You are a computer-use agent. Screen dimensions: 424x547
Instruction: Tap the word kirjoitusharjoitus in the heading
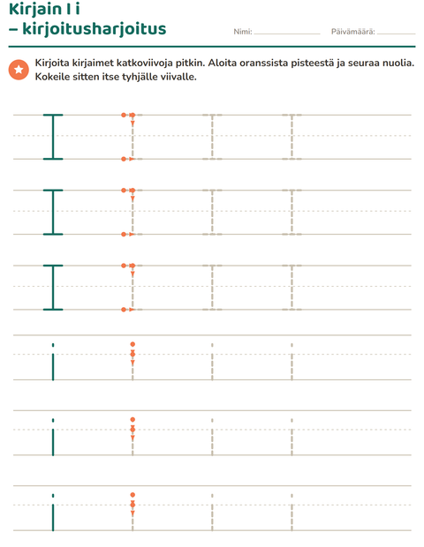(x=95, y=29)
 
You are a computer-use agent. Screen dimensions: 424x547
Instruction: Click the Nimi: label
(x=243, y=32)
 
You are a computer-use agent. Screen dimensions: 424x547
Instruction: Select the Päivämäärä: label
(x=352, y=32)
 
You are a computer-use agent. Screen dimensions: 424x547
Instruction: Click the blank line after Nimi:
(x=287, y=34)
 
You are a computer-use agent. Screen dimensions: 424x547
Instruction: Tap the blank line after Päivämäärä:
(x=397, y=34)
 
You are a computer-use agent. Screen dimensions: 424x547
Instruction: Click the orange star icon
(x=19, y=70)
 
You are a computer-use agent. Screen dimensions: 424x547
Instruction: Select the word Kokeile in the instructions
(x=52, y=77)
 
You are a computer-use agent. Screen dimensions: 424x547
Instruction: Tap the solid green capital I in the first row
(x=53, y=137)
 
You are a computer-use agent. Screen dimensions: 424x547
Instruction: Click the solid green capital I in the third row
(x=53, y=288)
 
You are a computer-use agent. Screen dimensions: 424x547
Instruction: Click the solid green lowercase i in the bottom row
(x=53, y=513)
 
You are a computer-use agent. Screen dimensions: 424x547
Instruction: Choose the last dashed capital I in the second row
(x=292, y=212)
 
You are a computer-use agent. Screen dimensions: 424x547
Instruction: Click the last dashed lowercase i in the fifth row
(x=292, y=437)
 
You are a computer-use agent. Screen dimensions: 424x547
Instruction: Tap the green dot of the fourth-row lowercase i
(x=53, y=345)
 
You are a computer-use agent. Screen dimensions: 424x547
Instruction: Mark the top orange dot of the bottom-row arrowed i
(x=132, y=495)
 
